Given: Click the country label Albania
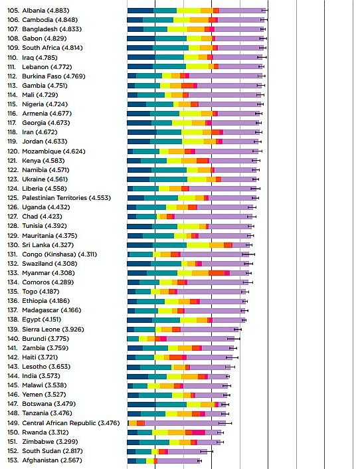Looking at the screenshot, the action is pyautogui.click(x=33, y=11).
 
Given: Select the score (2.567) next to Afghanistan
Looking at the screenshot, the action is pyautogui.click(x=71, y=460).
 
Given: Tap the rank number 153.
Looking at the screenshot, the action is pyautogui.click(x=13, y=460).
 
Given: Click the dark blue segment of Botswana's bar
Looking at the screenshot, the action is pyautogui.click(x=141, y=405).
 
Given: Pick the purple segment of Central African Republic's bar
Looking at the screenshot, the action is pyautogui.click(x=185, y=423).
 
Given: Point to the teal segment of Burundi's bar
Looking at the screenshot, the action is pyautogui.click(x=133, y=339).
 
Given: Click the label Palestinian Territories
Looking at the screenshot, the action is pyautogui.click(x=54, y=198).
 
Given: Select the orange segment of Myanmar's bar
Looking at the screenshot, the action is pyautogui.click(x=201, y=273).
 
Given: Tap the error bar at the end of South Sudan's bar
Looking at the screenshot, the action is pyautogui.click(x=207, y=451).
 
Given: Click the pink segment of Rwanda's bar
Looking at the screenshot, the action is pyautogui.click(x=199, y=432).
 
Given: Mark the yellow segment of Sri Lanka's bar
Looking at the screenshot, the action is pyautogui.click(x=198, y=245).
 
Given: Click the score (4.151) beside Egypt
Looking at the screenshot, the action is pyautogui.click(x=52, y=320).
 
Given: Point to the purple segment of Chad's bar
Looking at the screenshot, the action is pyautogui.click(x=213, y=217).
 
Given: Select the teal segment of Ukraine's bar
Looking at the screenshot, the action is pyautogui.click(x=168, y=179).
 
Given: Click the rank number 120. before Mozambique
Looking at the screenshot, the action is pyautogui.click(x=13, y=151).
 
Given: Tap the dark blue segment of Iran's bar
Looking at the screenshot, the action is pyautogui.click(x=142, y=132).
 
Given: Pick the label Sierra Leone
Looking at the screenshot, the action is pyautogui.click(x=41, y=329).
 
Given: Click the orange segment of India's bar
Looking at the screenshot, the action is pyautogui.click(x=189, y=376).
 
